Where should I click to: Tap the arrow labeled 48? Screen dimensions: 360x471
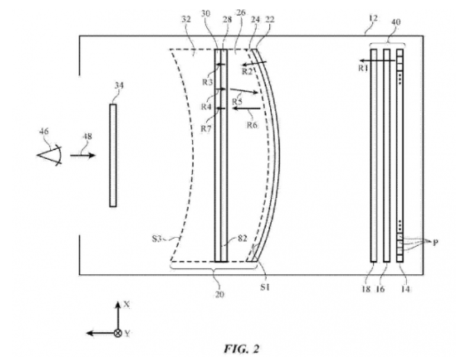pos(81,156)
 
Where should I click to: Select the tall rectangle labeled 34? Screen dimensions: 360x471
pos(113,155)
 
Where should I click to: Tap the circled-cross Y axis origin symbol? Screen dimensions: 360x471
pos(118,333)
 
